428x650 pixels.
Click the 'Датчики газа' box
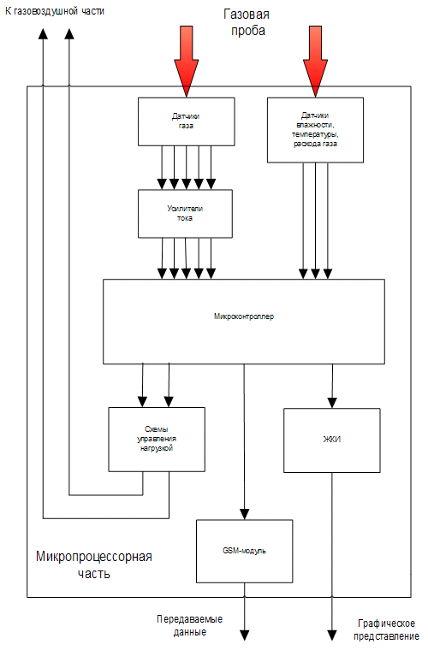point(187,121)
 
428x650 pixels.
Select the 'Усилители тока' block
point(185,214)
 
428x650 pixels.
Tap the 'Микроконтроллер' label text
point(244,316)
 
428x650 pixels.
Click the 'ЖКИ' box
point(332,440)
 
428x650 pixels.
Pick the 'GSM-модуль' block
point(244,552)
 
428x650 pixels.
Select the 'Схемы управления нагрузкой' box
point(157,440)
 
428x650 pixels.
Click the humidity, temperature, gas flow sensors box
point(315,130)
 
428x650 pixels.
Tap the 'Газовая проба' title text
point(247,23)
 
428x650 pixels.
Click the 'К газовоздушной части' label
point(54,11)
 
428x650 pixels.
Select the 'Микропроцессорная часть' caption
point(93,564)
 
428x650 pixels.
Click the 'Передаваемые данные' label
point(189,625)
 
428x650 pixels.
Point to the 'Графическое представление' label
point(387,629)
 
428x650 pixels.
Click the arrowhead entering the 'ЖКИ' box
point(332,403)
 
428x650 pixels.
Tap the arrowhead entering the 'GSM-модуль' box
point(244,515)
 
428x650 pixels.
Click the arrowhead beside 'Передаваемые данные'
point(244,635)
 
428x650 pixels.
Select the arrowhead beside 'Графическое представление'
point(332,635)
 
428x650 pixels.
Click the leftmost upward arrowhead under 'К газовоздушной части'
point(43,33)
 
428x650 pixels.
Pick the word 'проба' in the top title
point(248,31)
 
